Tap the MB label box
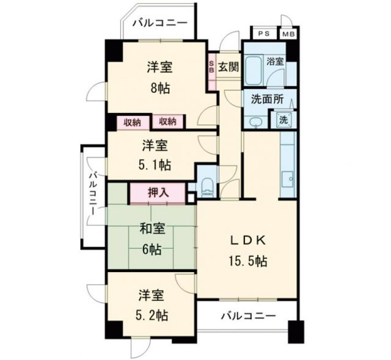click(x=288, y=34)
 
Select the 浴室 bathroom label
click(x=275, y=61)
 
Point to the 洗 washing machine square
click(x=284, y=120)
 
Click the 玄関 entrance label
click(x=228, y=64)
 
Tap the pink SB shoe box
click(x=212, y=65)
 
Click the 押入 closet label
click(x=157, y=193)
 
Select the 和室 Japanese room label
click(x=153, y=229)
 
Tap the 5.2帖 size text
click(x=152, y=315)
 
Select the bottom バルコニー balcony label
click(x=247, y=316)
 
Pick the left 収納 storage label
click(x=132, y=122)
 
